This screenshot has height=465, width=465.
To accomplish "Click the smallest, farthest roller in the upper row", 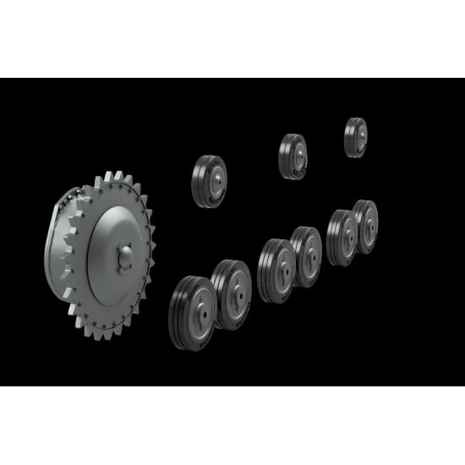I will tap(356, 135).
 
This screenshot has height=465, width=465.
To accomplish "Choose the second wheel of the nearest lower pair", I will tap(232, 292).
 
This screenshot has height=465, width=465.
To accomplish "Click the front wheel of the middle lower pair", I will tap(276, 270).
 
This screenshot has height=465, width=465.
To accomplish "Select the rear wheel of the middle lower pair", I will tap(307, 256).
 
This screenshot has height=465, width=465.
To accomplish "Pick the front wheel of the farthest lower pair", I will tap(342, 237).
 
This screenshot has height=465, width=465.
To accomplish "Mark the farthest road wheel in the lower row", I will tap(365, 226).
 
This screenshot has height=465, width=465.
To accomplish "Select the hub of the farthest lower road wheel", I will tap(368, 226).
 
